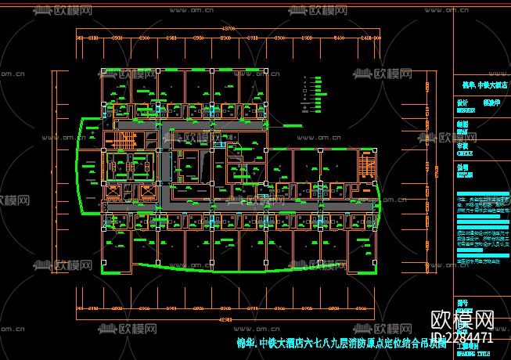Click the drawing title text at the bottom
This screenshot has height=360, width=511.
coord(341,343)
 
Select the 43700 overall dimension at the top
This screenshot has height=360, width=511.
coord(228,28)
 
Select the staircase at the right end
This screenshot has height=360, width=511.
coord(365,167)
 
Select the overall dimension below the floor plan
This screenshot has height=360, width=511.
coord(228,319)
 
